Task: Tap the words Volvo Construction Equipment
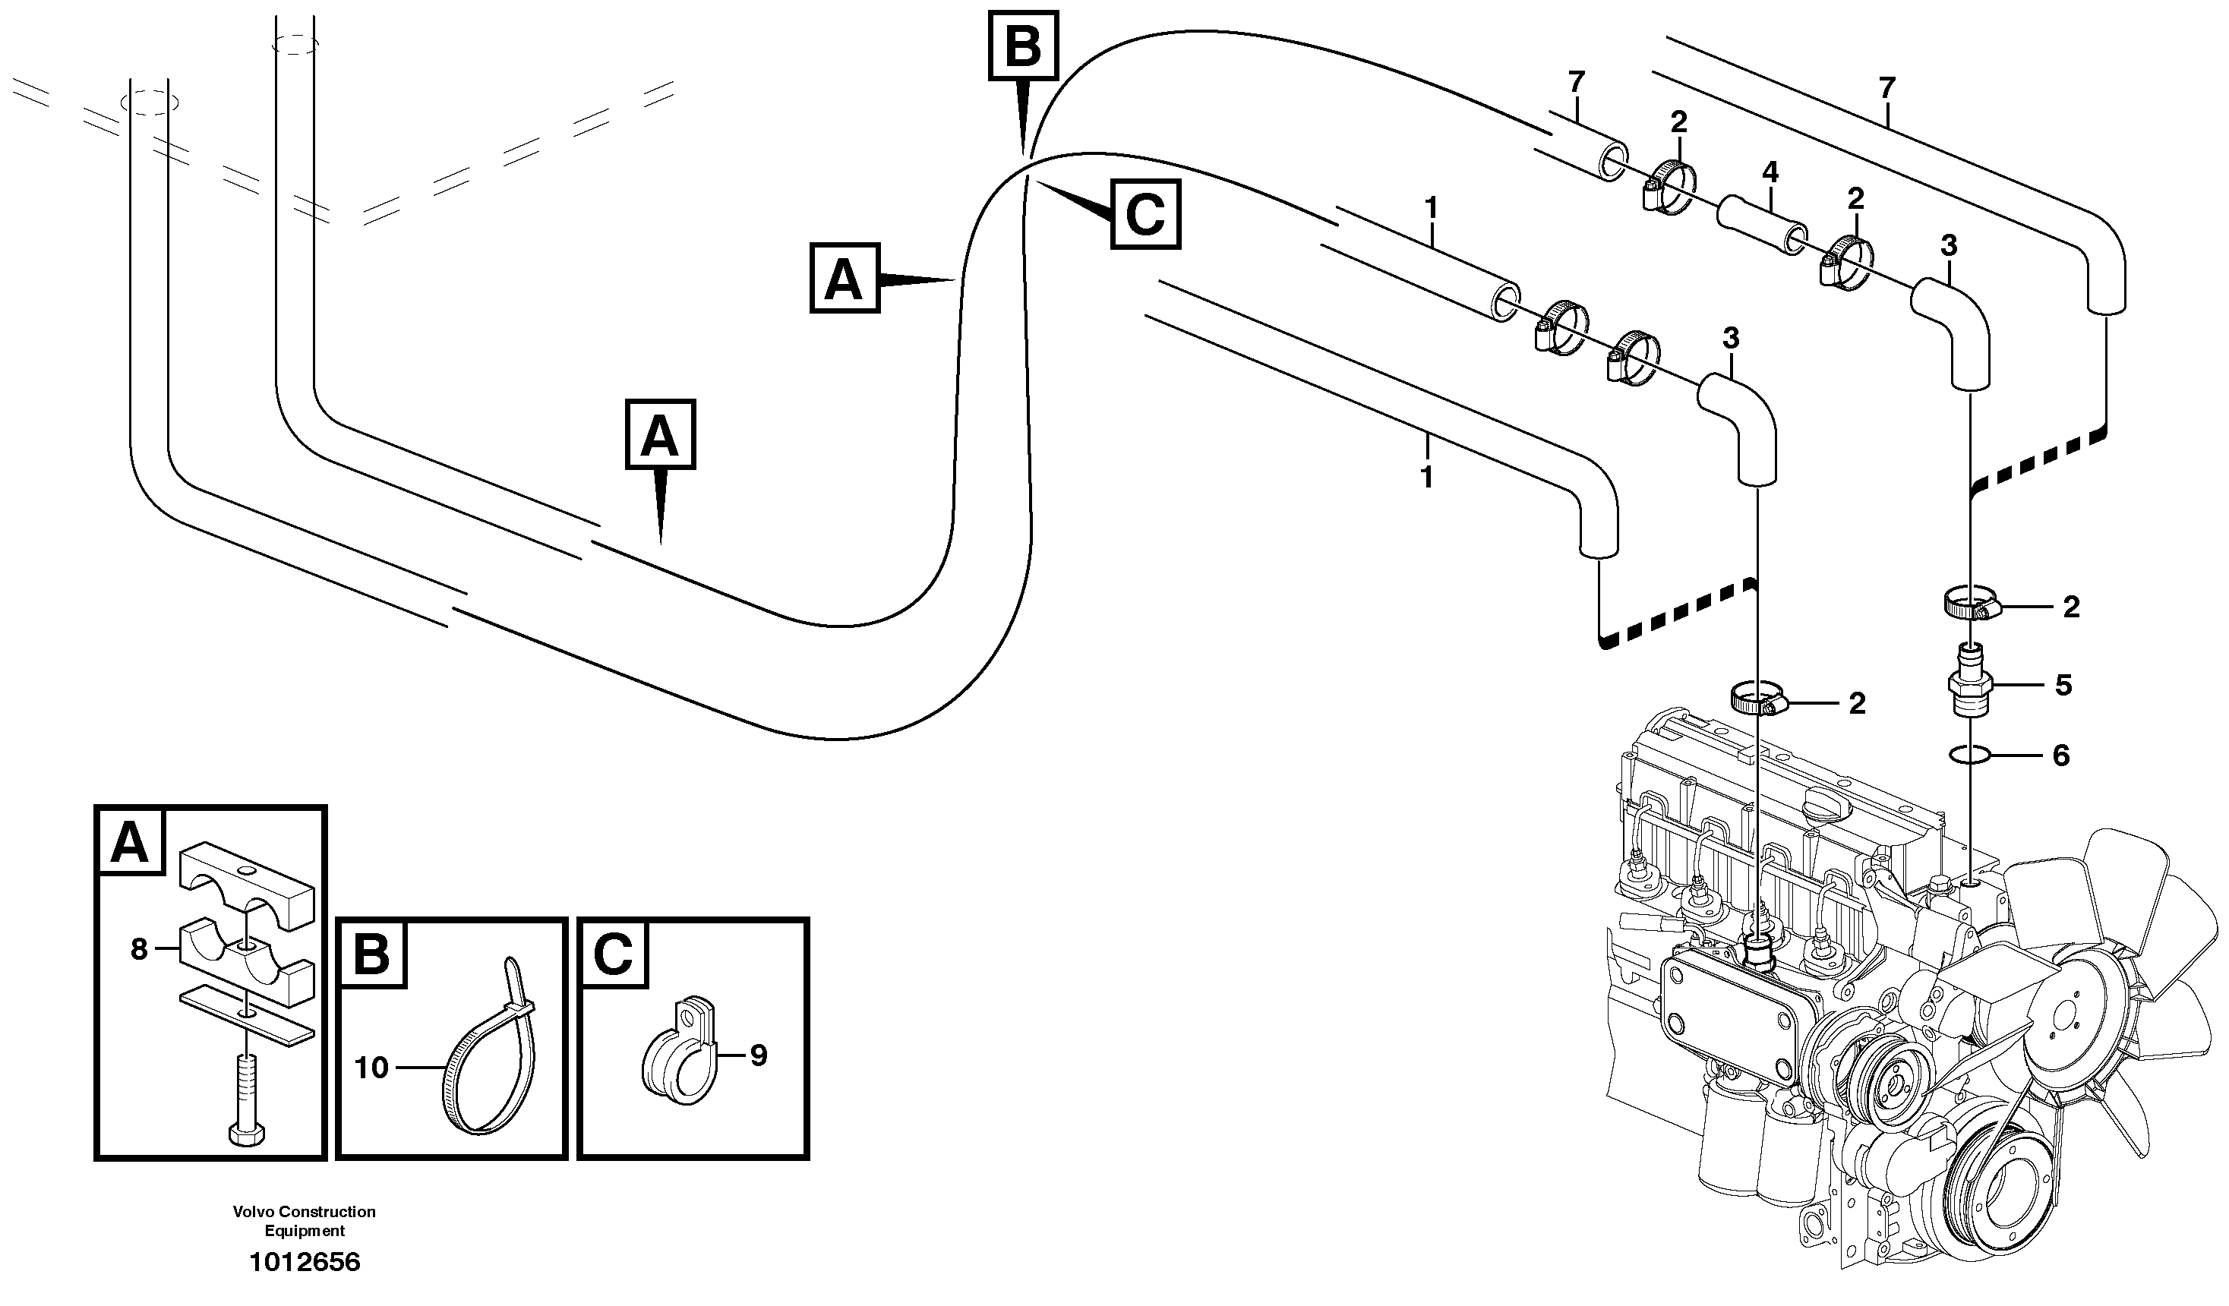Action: (x=305, y=1221)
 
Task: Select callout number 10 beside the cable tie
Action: (x=371, y=1068)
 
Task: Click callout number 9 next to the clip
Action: (x=758, y=1055)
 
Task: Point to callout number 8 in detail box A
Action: (x=139, y=950)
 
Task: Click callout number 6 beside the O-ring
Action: (x=2060, y=756)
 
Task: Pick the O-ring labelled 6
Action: (x=1972, y=754)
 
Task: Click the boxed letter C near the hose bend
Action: (x=1145, y=215)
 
